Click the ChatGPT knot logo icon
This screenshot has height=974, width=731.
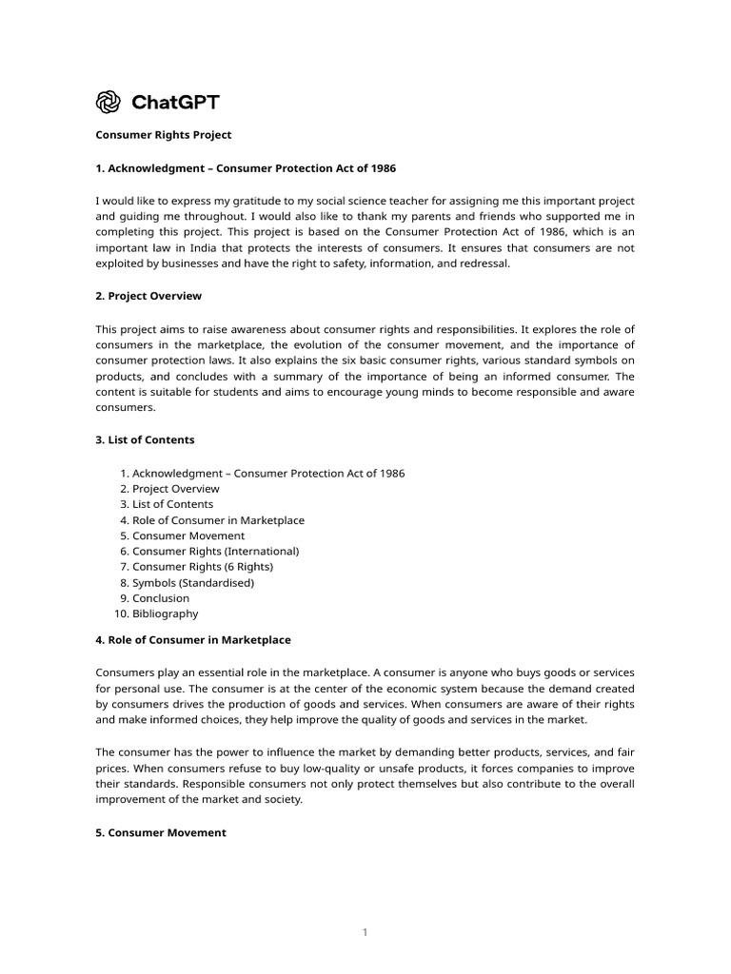[x=109, y=102]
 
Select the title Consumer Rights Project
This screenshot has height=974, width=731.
[x=164, y=135]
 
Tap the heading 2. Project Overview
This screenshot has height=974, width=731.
[x=148, y=296]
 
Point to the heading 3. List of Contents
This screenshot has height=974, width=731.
[x=145, y=439]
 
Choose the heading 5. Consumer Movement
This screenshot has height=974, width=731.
[x=161, y=832]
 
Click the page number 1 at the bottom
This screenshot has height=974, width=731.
[x=365, y=932]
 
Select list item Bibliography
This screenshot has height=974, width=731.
[x=166, y=614]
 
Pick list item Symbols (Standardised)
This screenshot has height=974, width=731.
[x=193, y=582]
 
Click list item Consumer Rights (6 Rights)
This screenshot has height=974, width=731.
[x=203, y=567]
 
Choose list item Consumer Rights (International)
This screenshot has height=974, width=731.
[x=216, y=551]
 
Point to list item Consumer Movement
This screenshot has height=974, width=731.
[x=188, y=536]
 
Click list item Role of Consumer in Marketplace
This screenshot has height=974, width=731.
[x=218, y=520]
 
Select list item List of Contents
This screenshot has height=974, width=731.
[x=173, y=504]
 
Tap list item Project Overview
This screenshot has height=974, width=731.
[x=176, y=489]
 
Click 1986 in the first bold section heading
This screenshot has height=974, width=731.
[x=380, y=168]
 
